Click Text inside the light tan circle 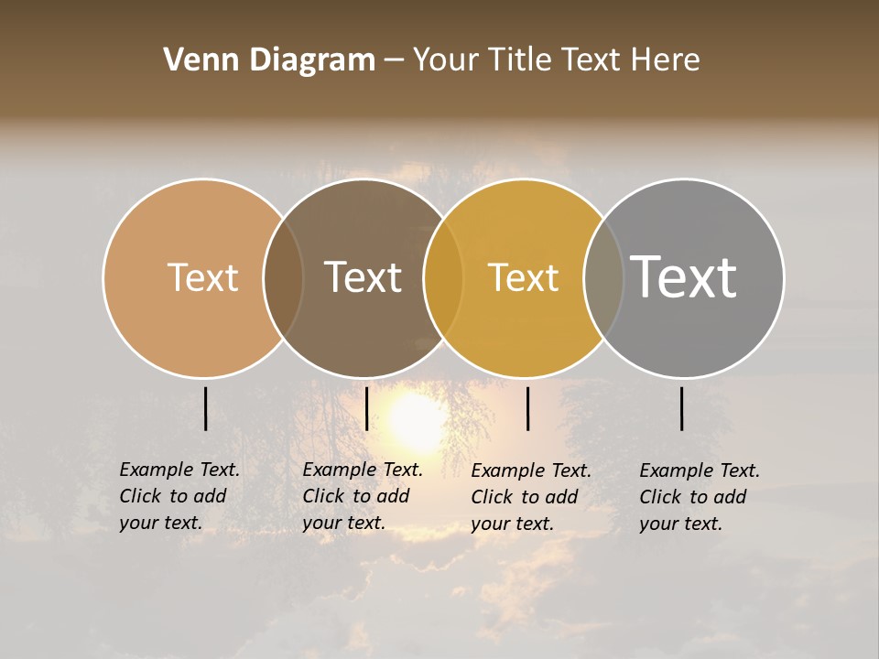click(x=202, y=277)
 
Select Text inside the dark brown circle click(x=364, y=277)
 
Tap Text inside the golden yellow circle click(x=523, y=277)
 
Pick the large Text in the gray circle click(x=683, y=276)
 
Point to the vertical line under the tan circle click(x=205, y=408)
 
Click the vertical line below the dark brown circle click(x=366, y=408)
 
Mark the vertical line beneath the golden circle click(x=527, y=408)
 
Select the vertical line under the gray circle click(x=682, y=408)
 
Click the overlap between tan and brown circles click(x=283, y=277)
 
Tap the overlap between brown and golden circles click(x=443, y=277)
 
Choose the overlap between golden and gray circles click(x=603, y=277)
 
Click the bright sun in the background click(x=418, y=422)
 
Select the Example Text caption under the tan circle click(x=179, y=496)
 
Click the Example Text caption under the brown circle click(x=363, y=496)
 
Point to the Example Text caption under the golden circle click(x=531, y=497)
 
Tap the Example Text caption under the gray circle click(x=700, y=497)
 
